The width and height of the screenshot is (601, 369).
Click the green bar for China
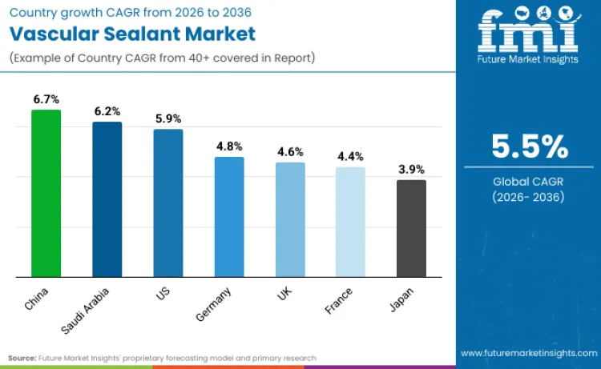(46, 194)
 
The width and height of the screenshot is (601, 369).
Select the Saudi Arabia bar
(107, 199)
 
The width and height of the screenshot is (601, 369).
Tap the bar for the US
(168, 203)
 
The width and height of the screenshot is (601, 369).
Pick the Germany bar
(229, 217)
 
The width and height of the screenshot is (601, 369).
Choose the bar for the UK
(290, 220)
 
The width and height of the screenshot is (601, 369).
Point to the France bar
(350, 223)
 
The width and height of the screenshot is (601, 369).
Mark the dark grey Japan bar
(411, 229)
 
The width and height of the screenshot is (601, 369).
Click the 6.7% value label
(46, 99)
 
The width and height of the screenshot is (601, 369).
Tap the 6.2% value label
(107, 112)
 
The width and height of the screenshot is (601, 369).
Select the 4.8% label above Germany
(229, 146)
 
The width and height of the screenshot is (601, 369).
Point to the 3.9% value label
(411, 170)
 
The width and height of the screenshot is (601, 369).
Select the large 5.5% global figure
(530, 147)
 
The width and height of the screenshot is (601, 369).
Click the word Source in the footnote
(22, 358)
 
